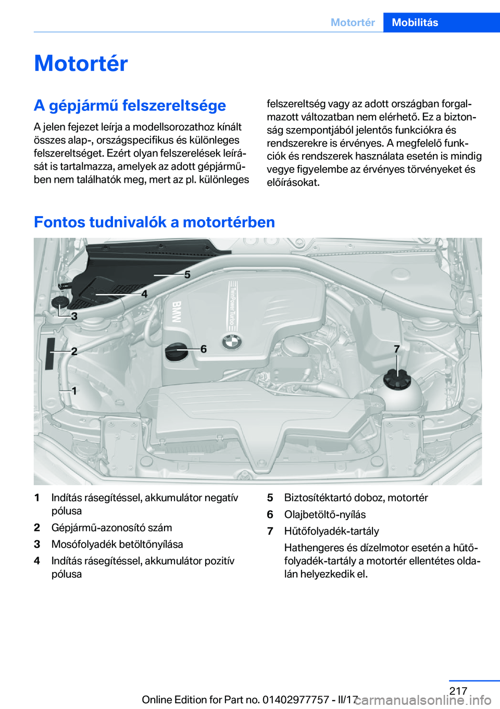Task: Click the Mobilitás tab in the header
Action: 415,22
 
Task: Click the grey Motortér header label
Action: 353,22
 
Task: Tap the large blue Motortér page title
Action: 81,64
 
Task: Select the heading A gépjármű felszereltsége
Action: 130,105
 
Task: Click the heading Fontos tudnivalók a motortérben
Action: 154,222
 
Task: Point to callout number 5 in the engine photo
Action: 187,274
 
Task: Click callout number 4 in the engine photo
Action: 144,294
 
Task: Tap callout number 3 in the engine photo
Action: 74,316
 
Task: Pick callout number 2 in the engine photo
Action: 74,351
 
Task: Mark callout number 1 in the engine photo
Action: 74,390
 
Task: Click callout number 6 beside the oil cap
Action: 204,349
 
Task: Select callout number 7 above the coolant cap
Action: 397,349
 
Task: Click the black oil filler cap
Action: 176,351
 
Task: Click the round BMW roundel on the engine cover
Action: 232,341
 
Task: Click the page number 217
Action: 458,691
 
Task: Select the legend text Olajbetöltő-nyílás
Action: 324,514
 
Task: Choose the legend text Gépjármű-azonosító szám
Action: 111,527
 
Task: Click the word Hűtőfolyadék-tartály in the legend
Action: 331,531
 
